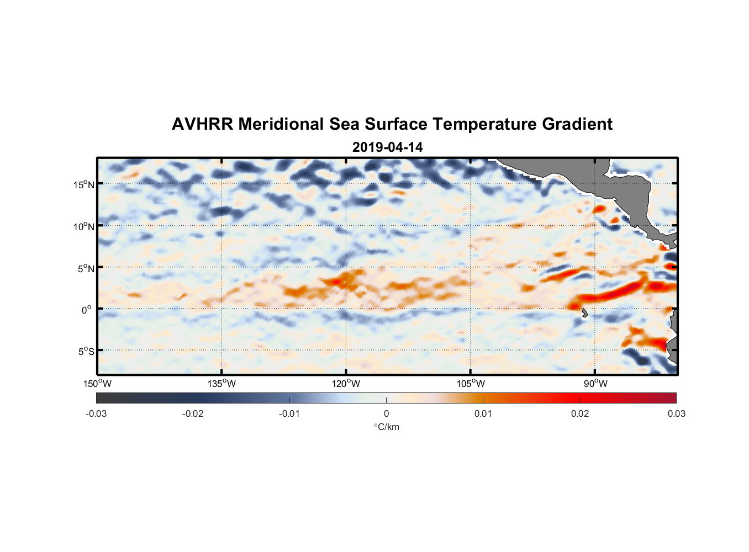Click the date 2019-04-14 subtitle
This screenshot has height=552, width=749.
point(387,147)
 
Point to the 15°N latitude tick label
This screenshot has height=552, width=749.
point(83,184)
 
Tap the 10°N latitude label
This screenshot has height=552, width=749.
point(83,226)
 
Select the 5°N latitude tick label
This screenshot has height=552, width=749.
point(85,268)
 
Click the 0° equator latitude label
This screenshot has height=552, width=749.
point(87,310)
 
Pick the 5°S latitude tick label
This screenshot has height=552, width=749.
point(85,352)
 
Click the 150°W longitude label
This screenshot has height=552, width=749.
point(98,384)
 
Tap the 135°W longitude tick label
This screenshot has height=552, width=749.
point(222,384)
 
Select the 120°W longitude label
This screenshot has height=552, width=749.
point(346,384)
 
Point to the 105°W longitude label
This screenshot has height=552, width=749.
point(471,384)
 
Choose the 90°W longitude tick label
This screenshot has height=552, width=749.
point(595,384)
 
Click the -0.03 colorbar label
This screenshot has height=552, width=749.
point(96,413)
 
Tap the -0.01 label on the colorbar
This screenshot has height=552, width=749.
point(289,413)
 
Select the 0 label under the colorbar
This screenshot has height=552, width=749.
point(386,413)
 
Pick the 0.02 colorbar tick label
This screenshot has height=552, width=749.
point(580,413)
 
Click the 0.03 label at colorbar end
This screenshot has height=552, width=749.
point(676,413)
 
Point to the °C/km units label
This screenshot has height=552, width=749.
point(386,427)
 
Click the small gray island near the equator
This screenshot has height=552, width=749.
point(584,313)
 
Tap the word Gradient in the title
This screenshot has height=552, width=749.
point(577,124)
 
